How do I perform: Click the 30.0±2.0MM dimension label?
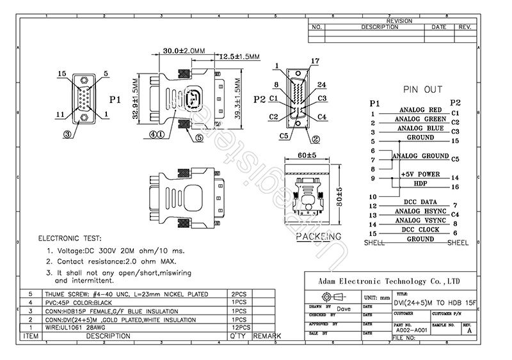click(x=175, y=50)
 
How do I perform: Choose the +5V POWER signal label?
click(x=419, y=174)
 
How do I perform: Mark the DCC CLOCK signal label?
click(x=420, y=230)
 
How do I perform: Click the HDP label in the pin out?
click(x=420, y=184)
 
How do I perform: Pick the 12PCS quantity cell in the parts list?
click(x=238, y=327)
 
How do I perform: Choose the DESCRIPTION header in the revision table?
click(x=380, y=27)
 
